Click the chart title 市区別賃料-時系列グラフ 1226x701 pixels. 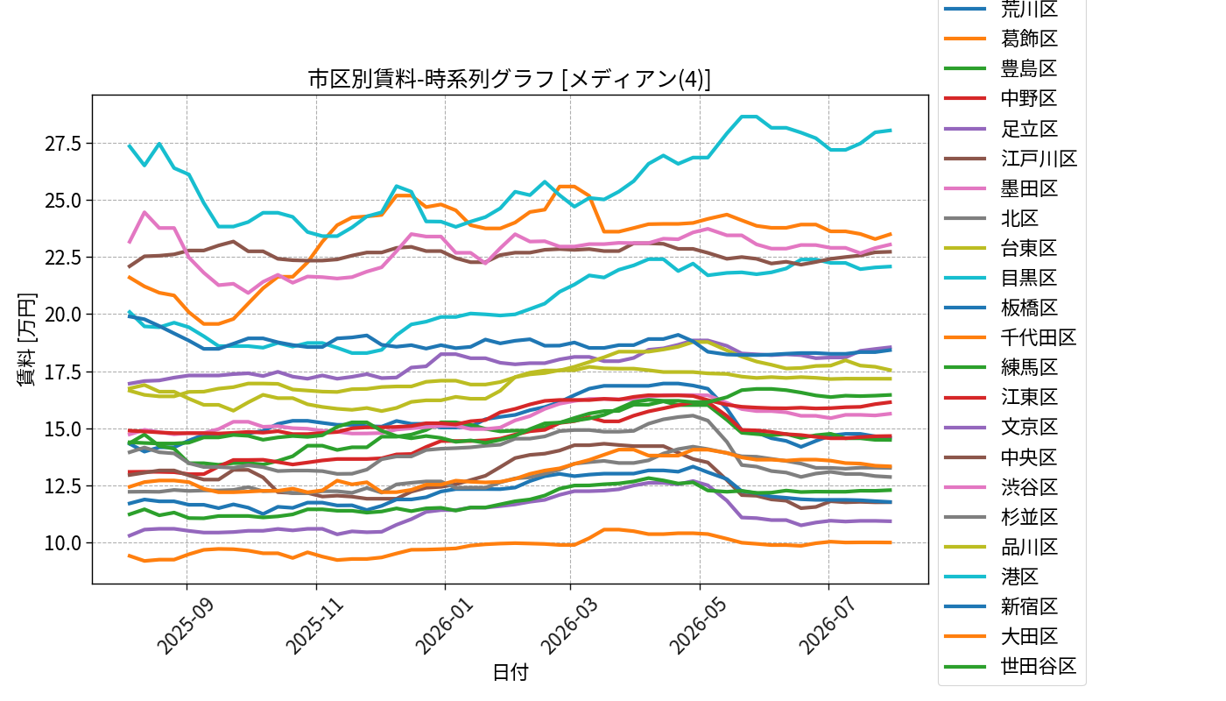click(x=431, y=79)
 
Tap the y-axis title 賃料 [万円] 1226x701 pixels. click(x=25, y=340)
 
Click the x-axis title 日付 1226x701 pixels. click(x=510, y=672)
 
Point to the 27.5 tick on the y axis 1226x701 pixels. click(x=63, y=144)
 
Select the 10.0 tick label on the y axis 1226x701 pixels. click(x=63, y=543)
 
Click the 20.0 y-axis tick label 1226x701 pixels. click(x=63, y=315)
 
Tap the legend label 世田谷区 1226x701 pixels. click(x=1039, y=667)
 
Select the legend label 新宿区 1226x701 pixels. click(x=1029, y=606)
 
